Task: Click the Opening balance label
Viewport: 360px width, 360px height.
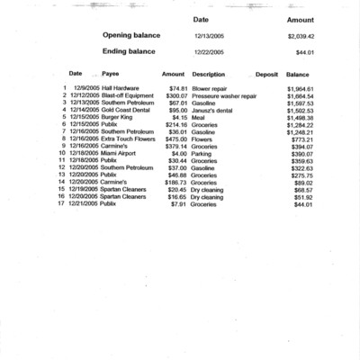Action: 131,35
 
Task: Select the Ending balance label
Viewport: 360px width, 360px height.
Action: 129,52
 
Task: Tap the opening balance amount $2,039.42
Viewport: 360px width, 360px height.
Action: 301,36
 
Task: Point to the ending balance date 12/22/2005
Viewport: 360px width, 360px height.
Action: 209,53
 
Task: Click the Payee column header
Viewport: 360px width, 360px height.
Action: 111,74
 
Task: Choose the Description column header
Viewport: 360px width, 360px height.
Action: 208,74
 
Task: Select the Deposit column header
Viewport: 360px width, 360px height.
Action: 266,74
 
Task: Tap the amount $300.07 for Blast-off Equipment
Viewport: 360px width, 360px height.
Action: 173,96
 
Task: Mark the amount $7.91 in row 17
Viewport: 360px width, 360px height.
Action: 177,203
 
